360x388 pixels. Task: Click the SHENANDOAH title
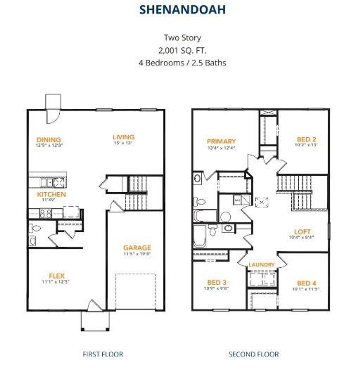coord(183,9)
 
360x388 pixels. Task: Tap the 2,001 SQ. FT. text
coord(182,51)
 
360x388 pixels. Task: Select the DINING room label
coord(49,140)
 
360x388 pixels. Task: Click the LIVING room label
coord(123,137)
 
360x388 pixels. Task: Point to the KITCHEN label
coord(51,194)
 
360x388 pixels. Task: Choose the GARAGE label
coord(137,248)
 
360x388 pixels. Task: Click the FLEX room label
coord(57,276)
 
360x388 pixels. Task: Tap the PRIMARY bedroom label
coord(221,141)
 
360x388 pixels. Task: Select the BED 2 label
coord(306,139)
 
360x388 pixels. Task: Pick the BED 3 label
coord(217,282)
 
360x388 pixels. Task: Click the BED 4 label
coord(306,283)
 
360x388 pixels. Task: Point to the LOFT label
coord(302,232)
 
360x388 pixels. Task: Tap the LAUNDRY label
coord(262,265)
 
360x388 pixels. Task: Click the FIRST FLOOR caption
coord(103,354)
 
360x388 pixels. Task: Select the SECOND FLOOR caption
coord(254,354)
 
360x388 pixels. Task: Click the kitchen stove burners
coord(45,213)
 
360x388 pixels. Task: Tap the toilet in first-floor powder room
coord(35,228)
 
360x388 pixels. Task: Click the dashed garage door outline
coord(136,292)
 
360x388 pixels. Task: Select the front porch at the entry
coord(95,321)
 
